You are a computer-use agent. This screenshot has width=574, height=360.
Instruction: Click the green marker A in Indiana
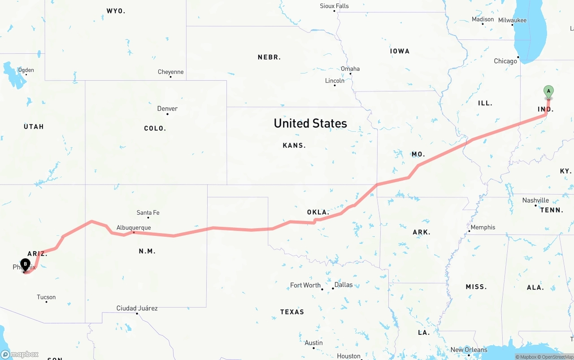[548, 91]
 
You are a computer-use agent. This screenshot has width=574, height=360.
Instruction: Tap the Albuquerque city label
[134, 228]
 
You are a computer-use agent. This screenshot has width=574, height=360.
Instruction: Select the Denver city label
[167, 108]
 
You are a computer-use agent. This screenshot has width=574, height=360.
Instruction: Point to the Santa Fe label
[148, 213]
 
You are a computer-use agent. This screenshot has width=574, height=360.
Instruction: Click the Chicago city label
[505, 61]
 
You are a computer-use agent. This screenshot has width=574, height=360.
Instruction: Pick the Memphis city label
[483, 227]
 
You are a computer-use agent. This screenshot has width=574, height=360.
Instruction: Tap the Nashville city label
[535, 200]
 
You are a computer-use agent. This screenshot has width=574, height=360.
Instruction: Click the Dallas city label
[344, 285]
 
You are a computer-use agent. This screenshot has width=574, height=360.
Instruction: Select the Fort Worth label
[305, 285]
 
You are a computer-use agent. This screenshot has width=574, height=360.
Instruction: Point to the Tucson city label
[46, 297]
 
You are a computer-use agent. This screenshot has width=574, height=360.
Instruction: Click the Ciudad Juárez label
[137, 308]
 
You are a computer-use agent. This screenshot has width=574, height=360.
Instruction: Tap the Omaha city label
[350, 69]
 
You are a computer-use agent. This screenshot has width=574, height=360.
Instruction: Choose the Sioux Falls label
[334, 6]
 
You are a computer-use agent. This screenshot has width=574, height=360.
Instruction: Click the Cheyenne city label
[170, 72]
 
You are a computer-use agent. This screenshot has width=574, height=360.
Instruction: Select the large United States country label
[310, 123]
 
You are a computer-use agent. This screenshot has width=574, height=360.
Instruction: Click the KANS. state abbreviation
[294, 145]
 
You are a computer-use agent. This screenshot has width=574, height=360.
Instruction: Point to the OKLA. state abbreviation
[318, 212]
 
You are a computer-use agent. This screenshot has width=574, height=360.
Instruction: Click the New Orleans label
[469, 350]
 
